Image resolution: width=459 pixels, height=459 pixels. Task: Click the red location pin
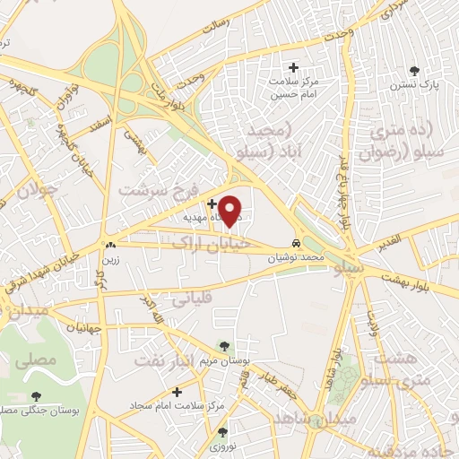tap(231, 209)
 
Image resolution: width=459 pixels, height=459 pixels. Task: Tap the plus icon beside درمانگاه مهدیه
tap(212, 204)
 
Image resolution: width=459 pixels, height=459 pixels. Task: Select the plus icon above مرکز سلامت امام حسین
tap(293, 67)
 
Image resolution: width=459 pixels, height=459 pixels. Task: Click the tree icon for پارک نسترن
tap(413, 71)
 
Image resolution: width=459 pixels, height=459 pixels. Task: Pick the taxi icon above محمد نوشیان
tap(297, 244)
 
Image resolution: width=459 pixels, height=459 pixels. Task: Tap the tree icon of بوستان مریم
tap(224, 346)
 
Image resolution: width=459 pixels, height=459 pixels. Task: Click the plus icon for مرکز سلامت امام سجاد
tap(177, 392)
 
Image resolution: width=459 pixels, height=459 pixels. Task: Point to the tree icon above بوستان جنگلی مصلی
tap(36, 396)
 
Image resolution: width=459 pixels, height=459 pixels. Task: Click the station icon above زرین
tap(110, 245)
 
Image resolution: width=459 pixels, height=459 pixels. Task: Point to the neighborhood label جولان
tap(39, 193)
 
